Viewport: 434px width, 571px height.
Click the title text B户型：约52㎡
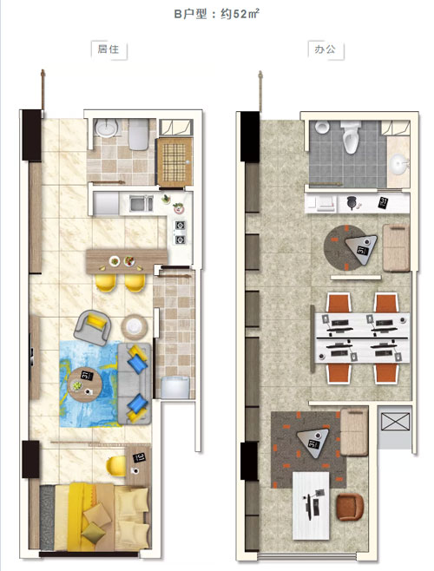point(216,14)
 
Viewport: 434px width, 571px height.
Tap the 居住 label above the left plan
point(108,49)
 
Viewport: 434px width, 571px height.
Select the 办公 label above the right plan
point(325,49)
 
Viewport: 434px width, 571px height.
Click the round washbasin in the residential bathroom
point(107,128)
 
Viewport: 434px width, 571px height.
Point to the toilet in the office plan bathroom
point(351,137)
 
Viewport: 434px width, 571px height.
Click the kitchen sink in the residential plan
point(141,204)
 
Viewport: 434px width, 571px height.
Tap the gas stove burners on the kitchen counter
point(180,233)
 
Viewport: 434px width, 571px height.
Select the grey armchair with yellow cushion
point(93,327)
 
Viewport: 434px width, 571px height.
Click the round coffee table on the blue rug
point(85,384)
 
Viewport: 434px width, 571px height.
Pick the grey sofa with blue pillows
point(135,384)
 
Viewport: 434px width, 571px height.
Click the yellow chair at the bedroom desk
point(116,466)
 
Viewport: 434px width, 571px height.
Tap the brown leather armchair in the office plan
point(350,508)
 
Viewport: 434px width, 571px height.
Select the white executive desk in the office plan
point(312,506)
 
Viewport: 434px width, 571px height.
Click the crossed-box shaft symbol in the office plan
point(395,422)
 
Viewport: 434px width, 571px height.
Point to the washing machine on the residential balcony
point(175,387)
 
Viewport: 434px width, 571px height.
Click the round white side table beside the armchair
point(135,326)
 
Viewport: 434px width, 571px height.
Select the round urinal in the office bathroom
point(323,128)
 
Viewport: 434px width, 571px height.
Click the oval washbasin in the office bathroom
point(399,164)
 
